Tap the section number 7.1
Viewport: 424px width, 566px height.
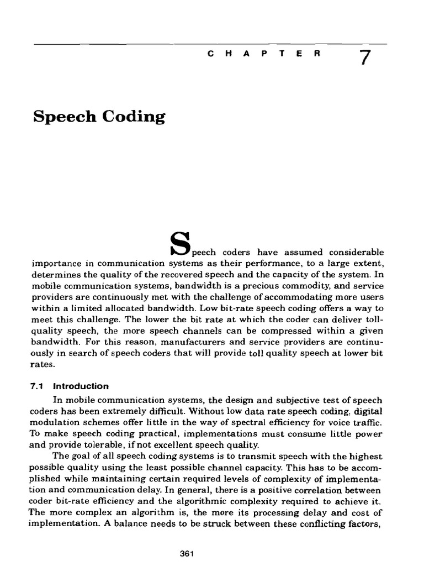coord(41,386)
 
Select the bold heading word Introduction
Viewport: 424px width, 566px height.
coord(81,386)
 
